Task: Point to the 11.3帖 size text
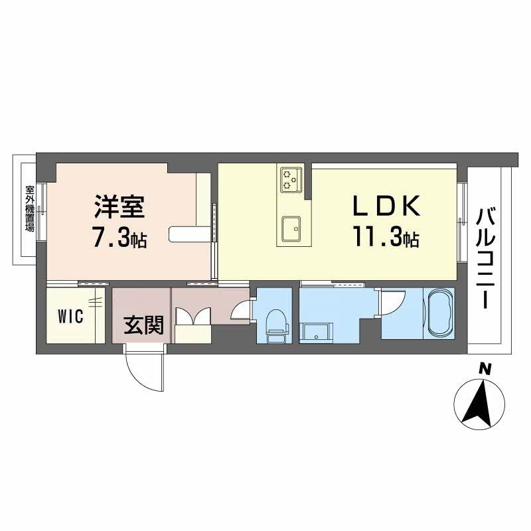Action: coord(386,238)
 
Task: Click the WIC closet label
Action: coord(70,316)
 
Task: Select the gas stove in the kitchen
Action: coord(291,179)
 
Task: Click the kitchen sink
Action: coord(291,230)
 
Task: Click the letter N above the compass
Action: coord(485,369)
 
